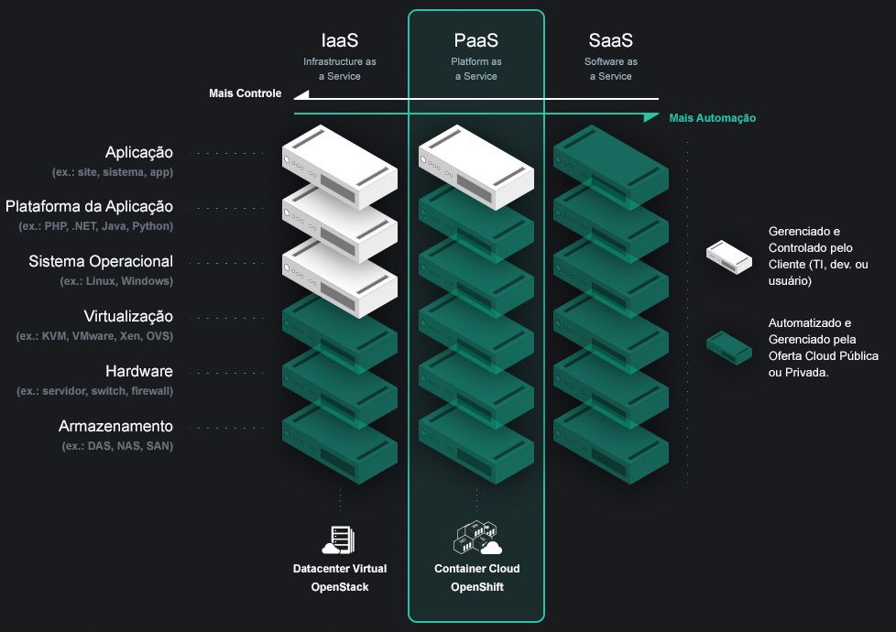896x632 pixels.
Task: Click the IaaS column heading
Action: coord(339,40)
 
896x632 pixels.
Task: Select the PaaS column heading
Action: coord(476,40)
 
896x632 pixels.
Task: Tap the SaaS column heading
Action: coord(611,40)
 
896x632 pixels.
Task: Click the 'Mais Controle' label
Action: coord(246,93)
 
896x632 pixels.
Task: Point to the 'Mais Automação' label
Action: coord(713,118)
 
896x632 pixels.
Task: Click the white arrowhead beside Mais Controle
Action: coord(301,95)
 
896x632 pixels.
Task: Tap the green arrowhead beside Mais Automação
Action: coord(650,117)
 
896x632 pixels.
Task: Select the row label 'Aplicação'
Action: coord(139,153)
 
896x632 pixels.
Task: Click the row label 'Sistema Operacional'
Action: coord(101,261)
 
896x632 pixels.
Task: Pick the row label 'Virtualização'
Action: coord(128,317)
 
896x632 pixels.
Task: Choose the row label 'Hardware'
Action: coord(139,372)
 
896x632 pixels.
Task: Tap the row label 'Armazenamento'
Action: coord(115,426)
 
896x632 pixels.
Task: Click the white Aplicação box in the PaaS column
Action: coord(476,168)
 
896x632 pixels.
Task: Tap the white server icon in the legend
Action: coord(729,257)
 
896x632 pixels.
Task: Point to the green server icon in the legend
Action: coord(729,347)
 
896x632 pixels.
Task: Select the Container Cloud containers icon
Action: coord(477,538)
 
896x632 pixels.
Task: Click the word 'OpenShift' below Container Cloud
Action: coord(477,587)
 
